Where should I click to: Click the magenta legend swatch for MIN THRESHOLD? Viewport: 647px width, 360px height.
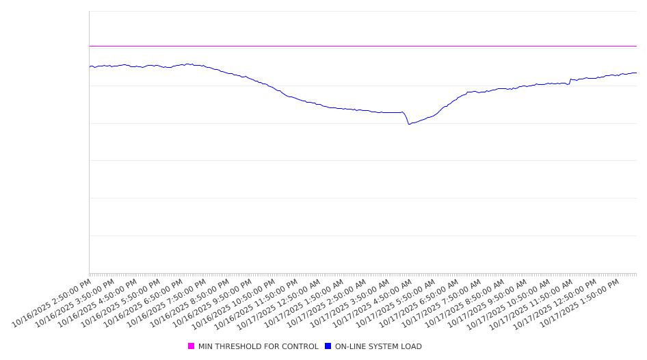click(x=192, y=346)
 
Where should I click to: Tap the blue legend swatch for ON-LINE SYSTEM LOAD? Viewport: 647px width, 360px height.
click(x=328, y=346)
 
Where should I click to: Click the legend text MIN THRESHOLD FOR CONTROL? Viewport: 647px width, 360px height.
click(x=258, y=346)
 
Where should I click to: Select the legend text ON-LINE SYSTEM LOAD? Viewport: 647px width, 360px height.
click(x=378, y=346)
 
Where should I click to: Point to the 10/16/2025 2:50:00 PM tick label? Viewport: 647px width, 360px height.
click(x=52, y=303)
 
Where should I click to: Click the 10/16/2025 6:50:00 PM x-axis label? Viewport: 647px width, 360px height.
click(x=144, y=303)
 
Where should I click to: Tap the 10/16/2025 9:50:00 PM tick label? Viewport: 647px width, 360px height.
click(x=213, y=303)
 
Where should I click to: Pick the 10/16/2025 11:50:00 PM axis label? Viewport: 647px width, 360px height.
click(x=259, y=303)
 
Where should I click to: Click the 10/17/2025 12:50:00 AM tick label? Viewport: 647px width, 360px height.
click(x=282, y=303)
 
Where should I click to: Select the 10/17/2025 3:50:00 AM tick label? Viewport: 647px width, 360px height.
click(x=350, y=303)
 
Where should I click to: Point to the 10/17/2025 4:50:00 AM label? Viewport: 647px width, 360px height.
click(x=373, y=303)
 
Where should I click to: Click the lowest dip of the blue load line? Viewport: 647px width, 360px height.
click(x=409, y=124)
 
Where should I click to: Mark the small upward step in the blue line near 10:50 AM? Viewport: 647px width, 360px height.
click(x=570, y=80)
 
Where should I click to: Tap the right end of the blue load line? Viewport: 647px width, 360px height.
click(x=636, y=73)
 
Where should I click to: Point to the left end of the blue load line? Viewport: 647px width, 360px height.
click(x=90, y=66)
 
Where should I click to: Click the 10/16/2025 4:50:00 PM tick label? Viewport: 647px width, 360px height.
click(x=98, y=303)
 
